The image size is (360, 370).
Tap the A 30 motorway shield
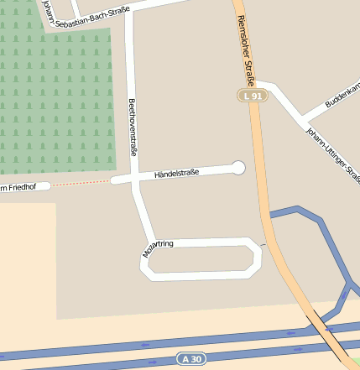coord(191,359)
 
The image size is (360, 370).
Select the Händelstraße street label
coord(176,174)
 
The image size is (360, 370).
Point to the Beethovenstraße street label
coord(132,127)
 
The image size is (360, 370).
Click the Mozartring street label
coord(158,248)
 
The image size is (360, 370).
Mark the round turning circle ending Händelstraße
coord(238,168)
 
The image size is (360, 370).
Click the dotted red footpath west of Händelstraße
coord(81,183)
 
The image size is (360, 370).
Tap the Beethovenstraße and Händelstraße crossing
coord(133,179)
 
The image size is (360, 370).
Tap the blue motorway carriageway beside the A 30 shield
coord(101,347)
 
